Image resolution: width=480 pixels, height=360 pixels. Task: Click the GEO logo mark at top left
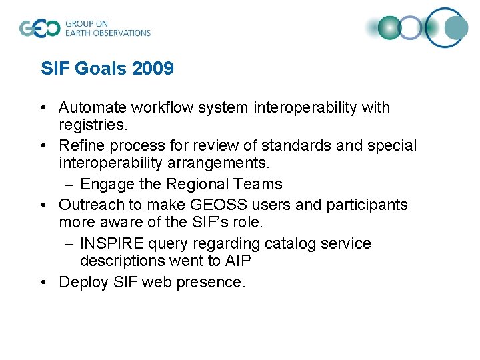pos(39,28)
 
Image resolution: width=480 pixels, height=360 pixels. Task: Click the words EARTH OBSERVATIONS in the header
pos(107,33)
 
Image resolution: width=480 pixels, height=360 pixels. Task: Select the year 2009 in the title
pos(153,69)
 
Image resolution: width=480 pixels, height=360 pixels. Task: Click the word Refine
pos(79,145)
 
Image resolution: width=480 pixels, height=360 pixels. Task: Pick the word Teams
pos(259,184)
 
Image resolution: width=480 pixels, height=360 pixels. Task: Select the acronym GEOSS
pos(213,205)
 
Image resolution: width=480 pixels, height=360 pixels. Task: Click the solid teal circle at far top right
pos(457,28)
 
